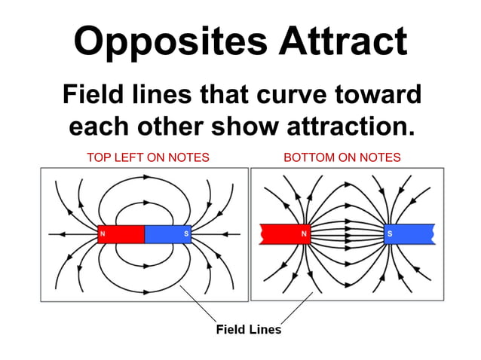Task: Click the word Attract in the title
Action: pos(342,41)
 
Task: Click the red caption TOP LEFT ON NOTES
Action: pos(148,157)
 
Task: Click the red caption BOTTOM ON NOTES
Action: pos(342,157)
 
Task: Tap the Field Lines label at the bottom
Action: pos(248,329)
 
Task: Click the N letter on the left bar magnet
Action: pos(102,234)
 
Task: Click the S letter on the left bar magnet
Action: pos(186,234)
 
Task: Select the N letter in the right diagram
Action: pos(304,234)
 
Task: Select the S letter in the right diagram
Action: pos(390,234)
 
